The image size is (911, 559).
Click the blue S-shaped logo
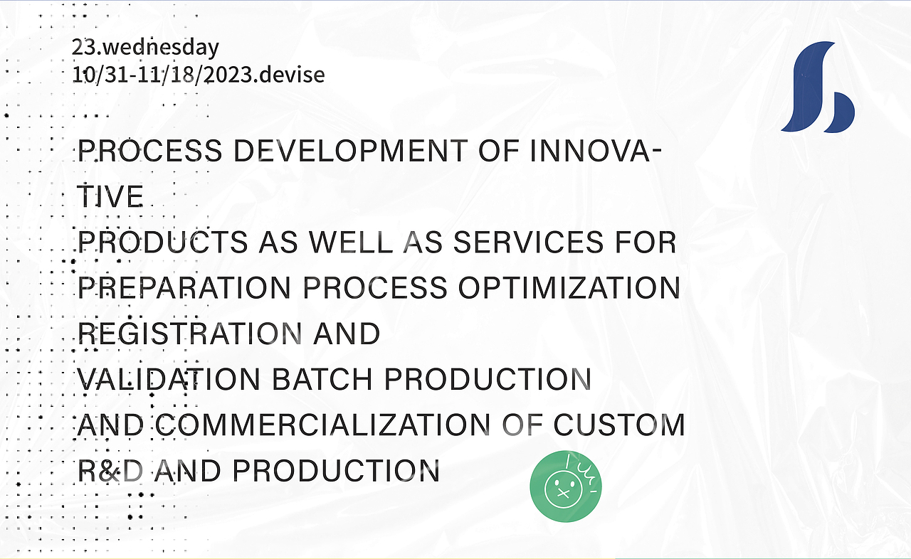[818, 87]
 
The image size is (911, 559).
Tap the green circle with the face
[566, 486]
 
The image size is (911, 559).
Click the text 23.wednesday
[145, 47]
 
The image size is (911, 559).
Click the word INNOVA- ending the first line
[596, 151]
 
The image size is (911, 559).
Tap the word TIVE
[110, 196]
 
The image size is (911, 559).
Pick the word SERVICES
[528, 243]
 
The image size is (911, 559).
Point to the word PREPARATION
[184, 288]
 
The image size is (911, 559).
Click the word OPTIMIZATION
[569, 288]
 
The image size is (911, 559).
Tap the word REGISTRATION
[189, 334]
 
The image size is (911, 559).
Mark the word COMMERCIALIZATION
[323, 425]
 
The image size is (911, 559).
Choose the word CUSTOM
[619, 425]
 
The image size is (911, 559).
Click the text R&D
[110, 471]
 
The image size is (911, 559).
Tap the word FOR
[646, 243]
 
